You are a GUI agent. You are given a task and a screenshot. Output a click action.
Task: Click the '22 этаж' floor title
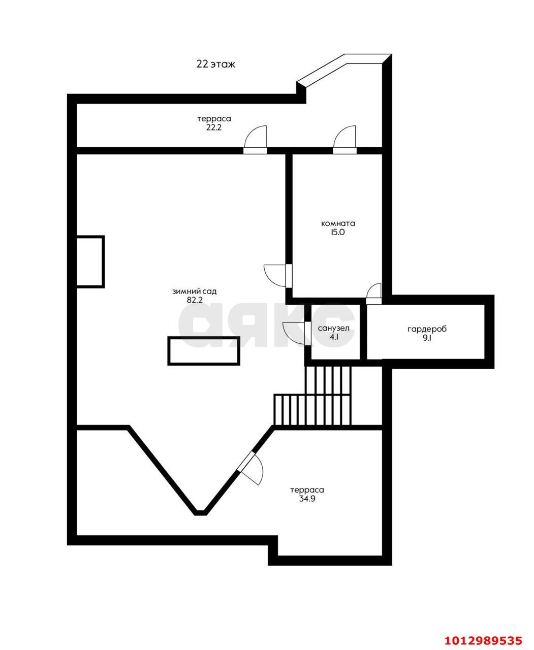click(216, 64)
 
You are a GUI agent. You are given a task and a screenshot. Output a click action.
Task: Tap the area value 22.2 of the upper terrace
click(214, 127)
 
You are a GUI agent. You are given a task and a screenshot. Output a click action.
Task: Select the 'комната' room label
click(338, 223)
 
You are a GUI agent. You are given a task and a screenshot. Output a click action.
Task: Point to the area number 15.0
click(337, 233)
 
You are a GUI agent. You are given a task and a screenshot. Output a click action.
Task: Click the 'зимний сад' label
click(194, 291)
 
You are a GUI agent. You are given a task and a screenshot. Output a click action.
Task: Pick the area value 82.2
click(195, 300)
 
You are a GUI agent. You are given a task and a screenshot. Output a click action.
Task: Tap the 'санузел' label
click(334, 329)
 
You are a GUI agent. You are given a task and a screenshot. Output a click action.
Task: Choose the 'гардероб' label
click(427, 329)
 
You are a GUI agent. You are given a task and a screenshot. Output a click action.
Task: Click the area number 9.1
click(427, 338)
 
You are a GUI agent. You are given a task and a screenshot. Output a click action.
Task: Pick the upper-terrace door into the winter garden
click(255, 140)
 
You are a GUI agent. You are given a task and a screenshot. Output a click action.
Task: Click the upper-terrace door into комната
click(344, 140)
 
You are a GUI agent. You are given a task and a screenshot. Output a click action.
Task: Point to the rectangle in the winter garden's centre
click(204, 351)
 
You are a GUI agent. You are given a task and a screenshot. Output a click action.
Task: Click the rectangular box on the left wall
click(90, 262)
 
